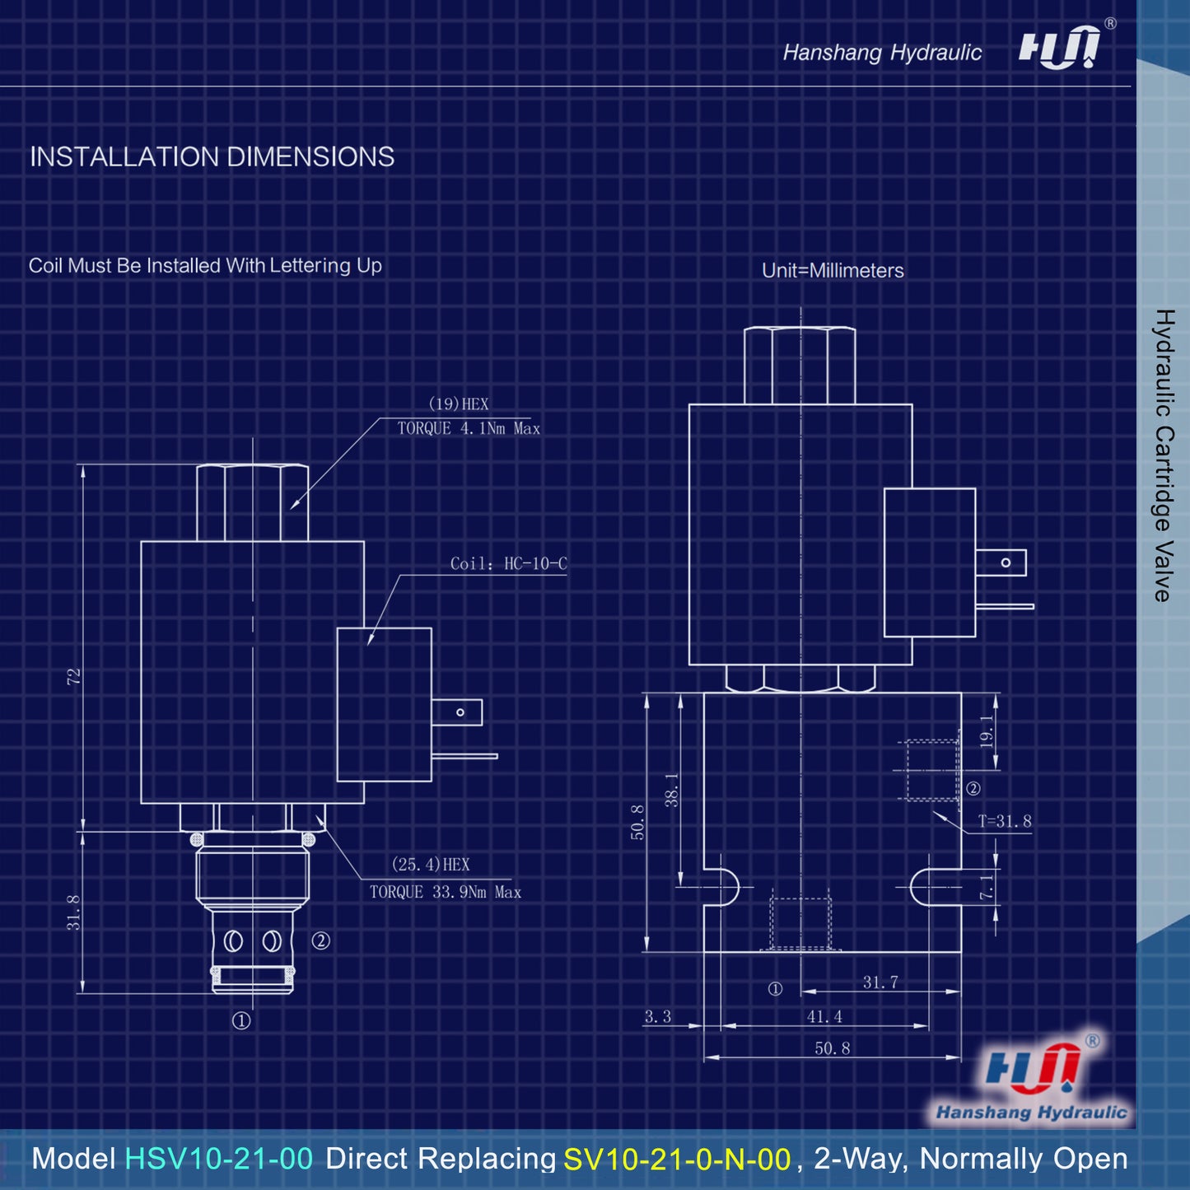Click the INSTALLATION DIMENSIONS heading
tap(212, 156)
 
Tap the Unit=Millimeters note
tap(833, 270)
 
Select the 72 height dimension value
tap(74, 676)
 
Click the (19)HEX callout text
tap(458, 404)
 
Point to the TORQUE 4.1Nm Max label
tap(469, 428)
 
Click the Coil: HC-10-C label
tap(508, 563)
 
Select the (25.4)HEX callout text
tap(431, 865)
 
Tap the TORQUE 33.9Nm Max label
tap(446, 893)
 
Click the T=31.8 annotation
tap(1004, 821)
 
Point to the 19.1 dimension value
tap(987, 730)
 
